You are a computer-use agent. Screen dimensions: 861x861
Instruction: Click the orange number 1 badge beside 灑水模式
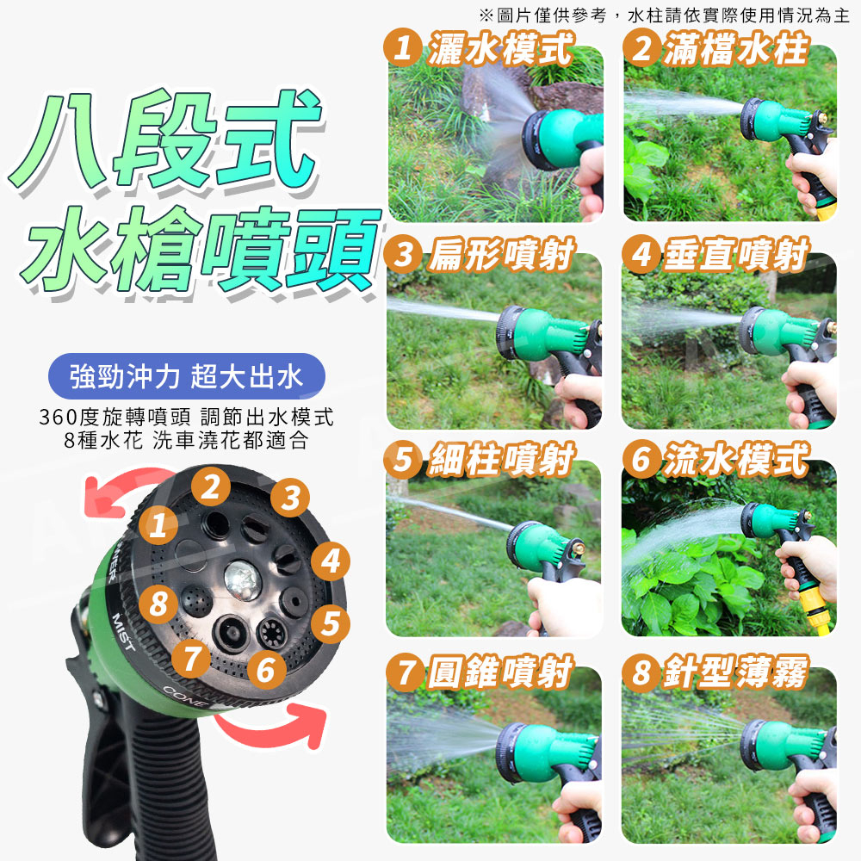[x=402, y=47]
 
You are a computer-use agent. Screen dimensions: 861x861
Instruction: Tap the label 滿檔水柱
[x=736, y=48]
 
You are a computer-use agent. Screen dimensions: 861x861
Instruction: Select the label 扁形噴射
[x=501, y=255]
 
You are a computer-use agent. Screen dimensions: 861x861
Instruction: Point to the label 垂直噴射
[x=736, y=255]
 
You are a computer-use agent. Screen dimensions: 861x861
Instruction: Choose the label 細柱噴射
[x=501, y=459]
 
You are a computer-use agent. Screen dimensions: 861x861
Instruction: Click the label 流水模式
[x=736, y=459]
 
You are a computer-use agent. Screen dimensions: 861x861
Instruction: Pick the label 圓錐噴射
[x=501, y=672]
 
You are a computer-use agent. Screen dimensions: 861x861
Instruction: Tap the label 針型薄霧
[x=736, y=672]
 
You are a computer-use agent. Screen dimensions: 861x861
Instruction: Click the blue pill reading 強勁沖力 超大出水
[x=187, y=376]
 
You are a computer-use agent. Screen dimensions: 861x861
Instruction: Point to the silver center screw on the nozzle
[x=242, y=579]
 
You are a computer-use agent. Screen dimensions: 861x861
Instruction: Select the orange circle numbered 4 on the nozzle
[x=331, y=561]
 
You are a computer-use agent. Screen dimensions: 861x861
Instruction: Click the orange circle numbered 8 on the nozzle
[x=158, y=604]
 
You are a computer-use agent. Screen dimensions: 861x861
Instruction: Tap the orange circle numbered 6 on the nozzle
[x=266, y=670]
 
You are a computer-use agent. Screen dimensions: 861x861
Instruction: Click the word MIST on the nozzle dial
[x=123, y=631]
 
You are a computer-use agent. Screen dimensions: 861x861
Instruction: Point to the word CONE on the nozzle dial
[x=183, y=697]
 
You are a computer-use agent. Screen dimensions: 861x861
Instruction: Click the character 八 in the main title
[x=59, y=142]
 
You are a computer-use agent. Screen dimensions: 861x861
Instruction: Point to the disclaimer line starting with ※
[x=664, y=15]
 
